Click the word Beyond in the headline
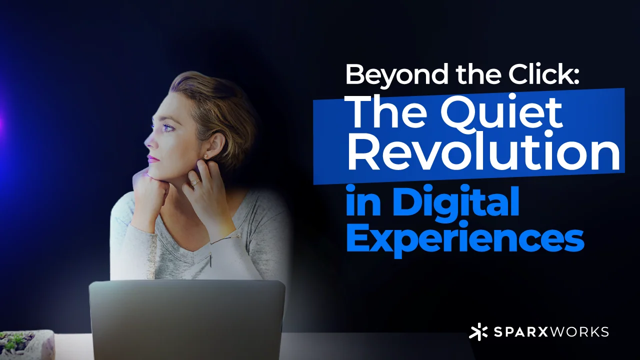click(x=389, y=75)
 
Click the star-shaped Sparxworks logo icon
click(x=478, y=332)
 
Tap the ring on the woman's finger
click(x=193, y=183)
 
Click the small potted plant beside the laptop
click(x=20, y=342)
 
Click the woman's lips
click(x=153, y=159)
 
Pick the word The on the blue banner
click(x=380, y=114)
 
